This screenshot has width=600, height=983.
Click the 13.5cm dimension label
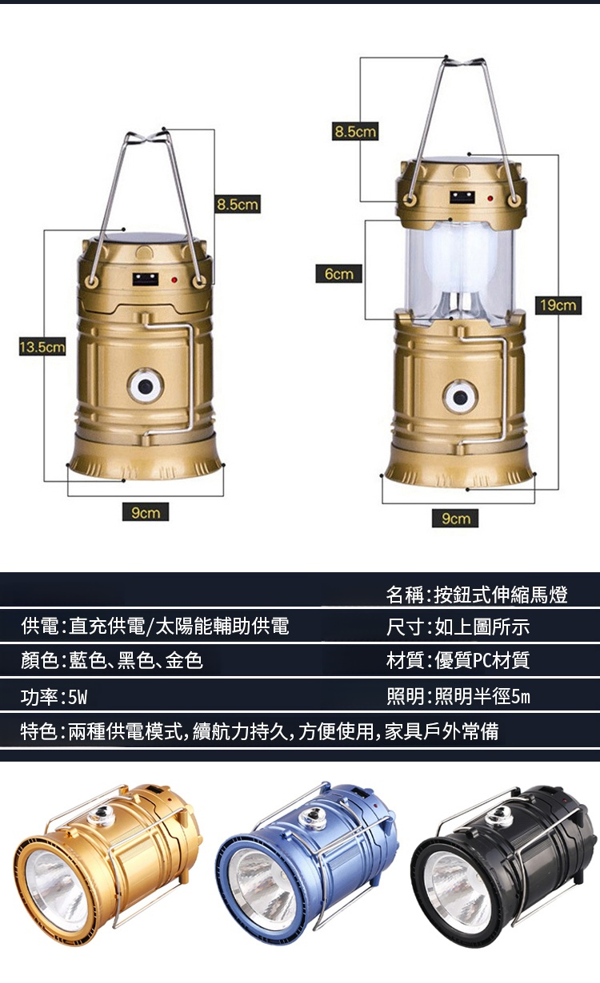(42, 347)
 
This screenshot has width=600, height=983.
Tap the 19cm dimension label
(558, 305)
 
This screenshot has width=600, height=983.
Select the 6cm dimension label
(338, 274)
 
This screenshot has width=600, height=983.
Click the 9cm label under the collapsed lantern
(146, 512)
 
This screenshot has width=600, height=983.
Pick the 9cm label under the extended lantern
(455, 518)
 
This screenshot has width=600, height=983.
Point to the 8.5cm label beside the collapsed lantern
(238, 204)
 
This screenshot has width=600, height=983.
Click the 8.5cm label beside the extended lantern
(355, 131)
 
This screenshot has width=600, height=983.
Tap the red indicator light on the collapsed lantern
(174, 280)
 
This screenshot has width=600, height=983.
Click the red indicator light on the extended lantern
(490, 199)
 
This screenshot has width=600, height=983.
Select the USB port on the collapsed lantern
(146, 279)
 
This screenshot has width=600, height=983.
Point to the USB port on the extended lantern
(462, 197)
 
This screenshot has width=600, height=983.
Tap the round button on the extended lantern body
(460, 397)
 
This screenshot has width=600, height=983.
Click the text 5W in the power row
(78, 697)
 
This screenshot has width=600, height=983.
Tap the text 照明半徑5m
(482, 696)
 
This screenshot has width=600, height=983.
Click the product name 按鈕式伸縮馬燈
(501, 595)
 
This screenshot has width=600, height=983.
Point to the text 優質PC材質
(482, 660)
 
